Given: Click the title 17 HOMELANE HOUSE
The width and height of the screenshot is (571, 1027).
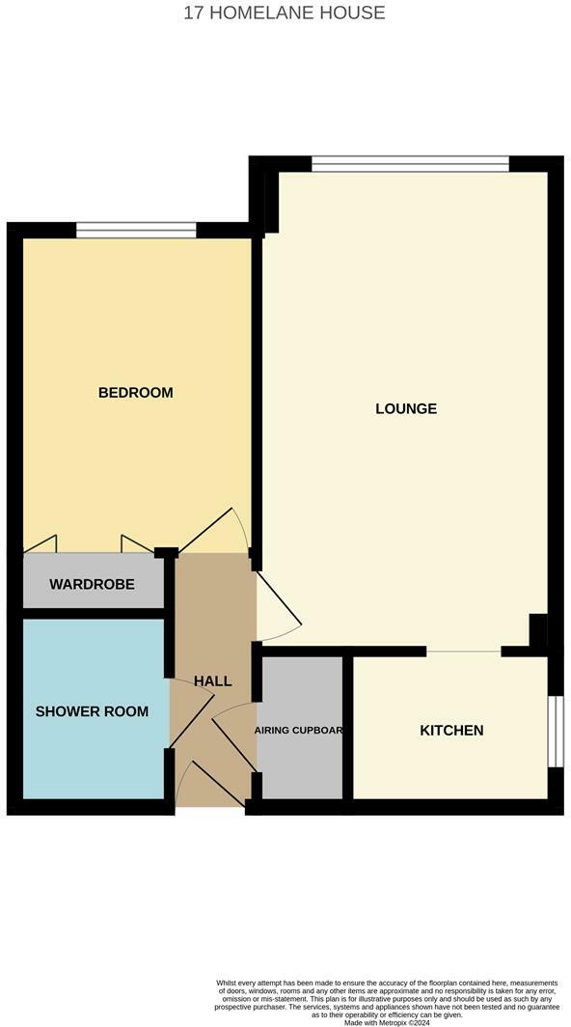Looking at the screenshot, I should coord(285,13).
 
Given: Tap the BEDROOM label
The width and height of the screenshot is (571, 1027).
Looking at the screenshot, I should coord(136,393).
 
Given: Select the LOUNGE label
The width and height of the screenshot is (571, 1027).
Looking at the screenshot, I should coord(406,408).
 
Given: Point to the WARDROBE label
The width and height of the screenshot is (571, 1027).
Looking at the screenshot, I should coord(92,585).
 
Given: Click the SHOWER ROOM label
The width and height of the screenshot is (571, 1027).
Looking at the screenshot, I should coord(92,711).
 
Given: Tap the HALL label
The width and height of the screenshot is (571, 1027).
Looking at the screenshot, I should coord(212,681).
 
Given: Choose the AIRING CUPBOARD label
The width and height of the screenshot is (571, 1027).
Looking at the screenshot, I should coord(299,731).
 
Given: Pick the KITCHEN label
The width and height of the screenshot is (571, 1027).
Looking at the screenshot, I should coord(451,731).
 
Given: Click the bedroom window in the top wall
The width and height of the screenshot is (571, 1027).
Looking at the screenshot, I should coord(136,230).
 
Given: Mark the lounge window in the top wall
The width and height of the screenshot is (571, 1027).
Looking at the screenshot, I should coord(410,164).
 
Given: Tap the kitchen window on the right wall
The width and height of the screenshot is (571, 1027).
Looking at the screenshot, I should coord(555,731).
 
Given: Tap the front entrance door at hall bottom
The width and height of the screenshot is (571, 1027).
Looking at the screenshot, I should coord(214,784).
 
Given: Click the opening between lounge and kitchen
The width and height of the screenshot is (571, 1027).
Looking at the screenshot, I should coord(464,652).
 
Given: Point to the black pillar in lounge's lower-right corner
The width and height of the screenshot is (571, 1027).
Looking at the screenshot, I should coord(538,630).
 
